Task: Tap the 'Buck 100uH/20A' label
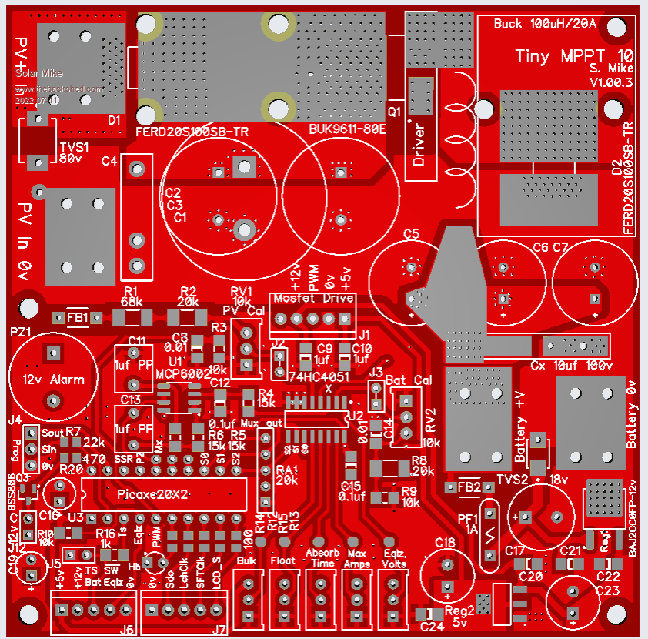[545, 23]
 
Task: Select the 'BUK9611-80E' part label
[347, 129]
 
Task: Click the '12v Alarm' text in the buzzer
[52, 380]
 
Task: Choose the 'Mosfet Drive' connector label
[312, 298]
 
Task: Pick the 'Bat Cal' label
[409, 380]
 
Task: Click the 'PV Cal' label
[243, 310]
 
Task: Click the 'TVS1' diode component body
[35, 140]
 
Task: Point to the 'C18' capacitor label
[446, 543]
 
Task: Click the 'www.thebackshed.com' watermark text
[58, 89]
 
